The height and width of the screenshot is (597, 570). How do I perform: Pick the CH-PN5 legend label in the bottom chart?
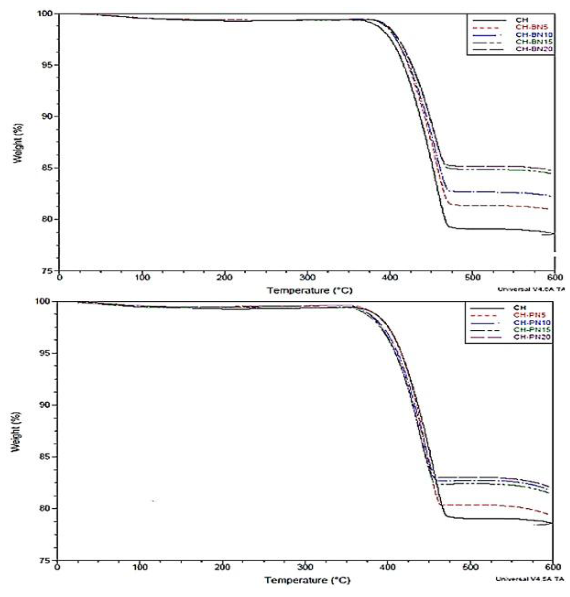[x=532, y=315]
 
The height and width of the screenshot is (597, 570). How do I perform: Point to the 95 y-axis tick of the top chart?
[x=46, y=65]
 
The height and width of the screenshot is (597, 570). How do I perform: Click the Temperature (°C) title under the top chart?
[x=310, y=291]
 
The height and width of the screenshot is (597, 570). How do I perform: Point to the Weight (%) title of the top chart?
[x=17, y=143]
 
